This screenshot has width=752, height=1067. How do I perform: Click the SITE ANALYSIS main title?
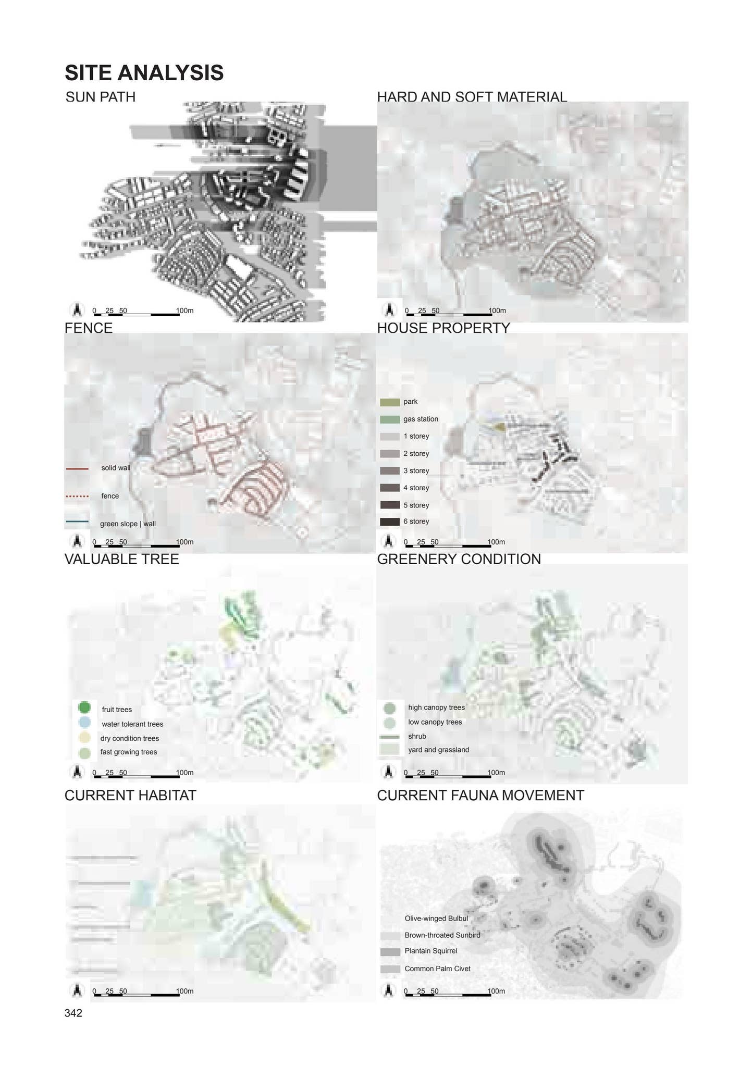click(x=144, y=73)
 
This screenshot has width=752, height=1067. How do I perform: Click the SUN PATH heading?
click(x=101, y=97)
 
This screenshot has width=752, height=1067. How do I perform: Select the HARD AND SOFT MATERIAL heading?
click(x=472, y=97)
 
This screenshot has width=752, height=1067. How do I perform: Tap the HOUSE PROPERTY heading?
click(x=443, y=328)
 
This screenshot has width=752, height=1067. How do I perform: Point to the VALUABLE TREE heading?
click(x=121, y=559)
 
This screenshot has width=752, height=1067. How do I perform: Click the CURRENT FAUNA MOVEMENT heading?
click(x=480, y=796)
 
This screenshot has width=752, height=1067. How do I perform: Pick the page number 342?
click(x=73, y=1013)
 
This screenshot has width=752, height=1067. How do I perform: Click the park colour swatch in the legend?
click(x=389, y=402)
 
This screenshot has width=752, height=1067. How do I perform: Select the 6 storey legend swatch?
click(x=389, y=522)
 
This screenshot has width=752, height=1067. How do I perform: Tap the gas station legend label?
click(x=421, y=419)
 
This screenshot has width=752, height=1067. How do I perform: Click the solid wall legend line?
click(x=78, y=468)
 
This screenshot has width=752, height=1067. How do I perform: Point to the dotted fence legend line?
click(x=78, y=496)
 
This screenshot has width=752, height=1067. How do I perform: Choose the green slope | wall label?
click(x=128, y=524)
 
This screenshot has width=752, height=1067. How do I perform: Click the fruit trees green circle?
click(x=84, y=708)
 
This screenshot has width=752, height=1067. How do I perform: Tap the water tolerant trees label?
click(x=132, y=724)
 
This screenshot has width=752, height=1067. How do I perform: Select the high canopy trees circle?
click(x=389, y=708)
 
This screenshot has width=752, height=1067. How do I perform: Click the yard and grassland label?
click(x=438, y=750)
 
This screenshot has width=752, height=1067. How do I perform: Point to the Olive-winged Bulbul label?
click(x=436, y=919)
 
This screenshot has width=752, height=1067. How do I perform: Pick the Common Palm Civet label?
click(x=437, y=969)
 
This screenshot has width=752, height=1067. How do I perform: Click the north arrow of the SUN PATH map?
click(x=77, y=310)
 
